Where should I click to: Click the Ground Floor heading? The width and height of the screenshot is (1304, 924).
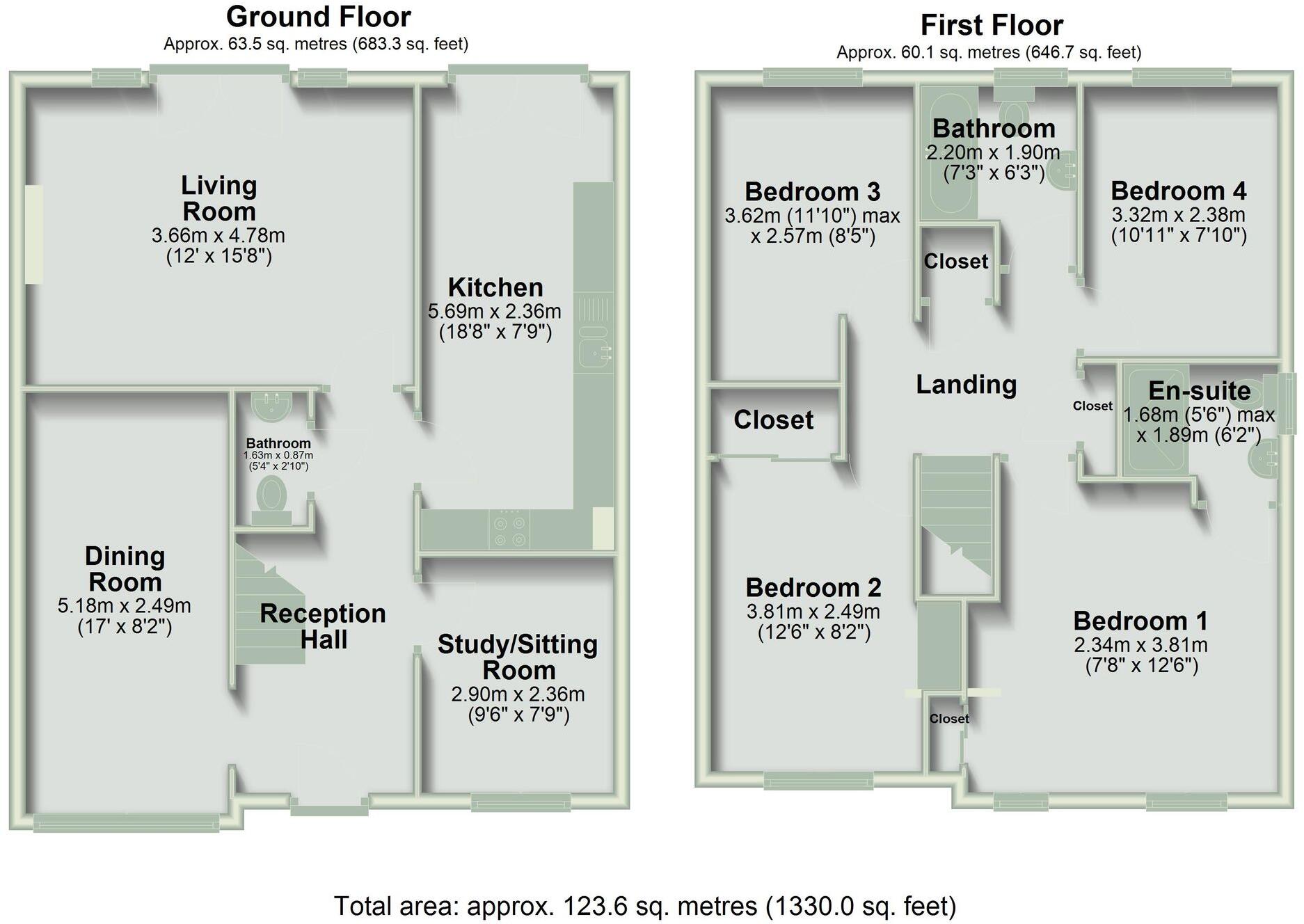coord(318,16)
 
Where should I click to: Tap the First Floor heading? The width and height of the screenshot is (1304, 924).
coord(992,25)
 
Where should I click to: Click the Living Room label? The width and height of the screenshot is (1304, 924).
coord(219,198)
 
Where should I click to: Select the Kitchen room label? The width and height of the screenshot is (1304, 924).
coord(495,287)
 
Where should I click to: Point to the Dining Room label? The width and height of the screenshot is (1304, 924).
coord(125,568)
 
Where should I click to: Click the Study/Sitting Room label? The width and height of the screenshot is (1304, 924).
coord(518,657)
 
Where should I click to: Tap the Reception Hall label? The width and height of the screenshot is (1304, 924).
coord(323,626)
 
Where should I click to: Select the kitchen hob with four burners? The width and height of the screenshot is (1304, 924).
coord(509,530)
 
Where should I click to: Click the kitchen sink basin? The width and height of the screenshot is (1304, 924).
coord(594,346)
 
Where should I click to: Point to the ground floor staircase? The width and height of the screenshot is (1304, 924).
coord(269,603)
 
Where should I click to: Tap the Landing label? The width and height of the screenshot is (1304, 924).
coord(966,384)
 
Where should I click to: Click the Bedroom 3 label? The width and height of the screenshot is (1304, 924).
coord(812,191)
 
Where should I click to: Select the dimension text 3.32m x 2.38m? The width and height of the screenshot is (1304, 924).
coord(1178,214)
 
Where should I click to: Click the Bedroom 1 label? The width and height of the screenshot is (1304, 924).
coord(1140,621)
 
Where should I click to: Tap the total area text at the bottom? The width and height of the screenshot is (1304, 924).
coord(645,906)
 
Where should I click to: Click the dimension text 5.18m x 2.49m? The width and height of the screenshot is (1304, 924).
coord(125,606)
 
